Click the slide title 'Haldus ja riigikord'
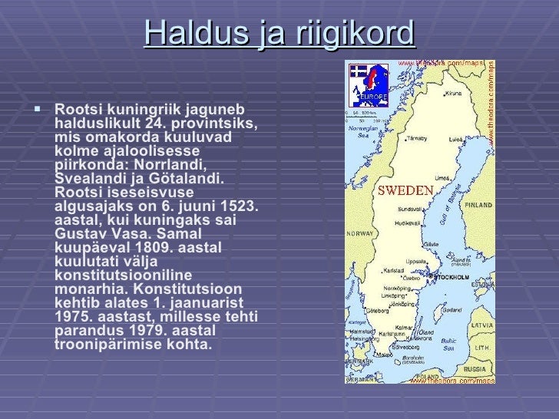(279, 33)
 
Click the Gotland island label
(452, 309)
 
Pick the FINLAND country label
(478, 205)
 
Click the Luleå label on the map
(455, 140)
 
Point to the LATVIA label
(482, 325)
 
